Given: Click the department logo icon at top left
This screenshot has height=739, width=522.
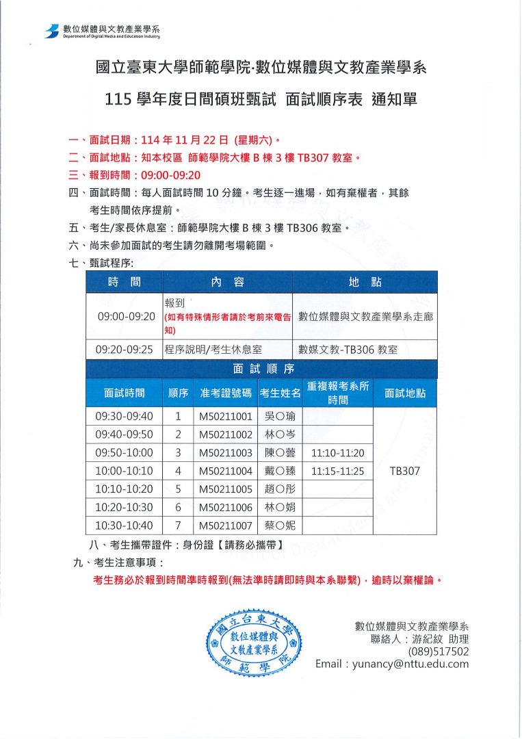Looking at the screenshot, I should tap(51, 31).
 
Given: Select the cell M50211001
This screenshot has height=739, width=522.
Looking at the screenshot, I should tap(226, 416).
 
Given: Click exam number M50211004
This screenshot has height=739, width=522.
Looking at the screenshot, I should tap(226, 471).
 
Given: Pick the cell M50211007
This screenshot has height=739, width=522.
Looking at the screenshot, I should tap(226, 526).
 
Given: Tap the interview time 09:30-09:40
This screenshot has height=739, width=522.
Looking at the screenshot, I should tap(125, 416).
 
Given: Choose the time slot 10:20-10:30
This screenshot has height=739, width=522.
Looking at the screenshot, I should tap(125, 507).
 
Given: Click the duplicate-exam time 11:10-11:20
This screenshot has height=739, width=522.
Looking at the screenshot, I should tap(337, 453).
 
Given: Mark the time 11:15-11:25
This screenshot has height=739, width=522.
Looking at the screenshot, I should tap(337, 471).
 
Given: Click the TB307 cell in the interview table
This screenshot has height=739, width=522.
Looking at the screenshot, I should tap(404, 471).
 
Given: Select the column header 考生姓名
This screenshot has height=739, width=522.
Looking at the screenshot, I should tap(280, 393).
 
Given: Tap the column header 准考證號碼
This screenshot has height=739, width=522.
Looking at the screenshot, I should tap(226, 393).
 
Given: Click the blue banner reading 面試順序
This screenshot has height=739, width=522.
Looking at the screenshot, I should tap(261, 369).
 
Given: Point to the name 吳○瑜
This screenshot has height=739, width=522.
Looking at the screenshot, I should tap(280, 416).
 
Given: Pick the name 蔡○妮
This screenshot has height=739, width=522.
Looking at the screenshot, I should tap(280, 526).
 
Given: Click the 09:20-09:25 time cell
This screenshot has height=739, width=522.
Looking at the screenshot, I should tap(125, 350).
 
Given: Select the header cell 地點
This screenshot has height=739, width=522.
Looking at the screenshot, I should tap(365, 282).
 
